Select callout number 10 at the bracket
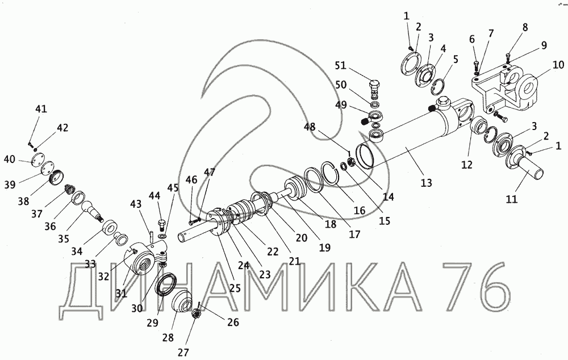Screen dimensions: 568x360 tap(558, 64)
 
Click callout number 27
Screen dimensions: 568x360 tap(182, 352)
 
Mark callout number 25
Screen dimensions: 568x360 tap(235, 288)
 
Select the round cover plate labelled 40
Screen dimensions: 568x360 tap(36, 161)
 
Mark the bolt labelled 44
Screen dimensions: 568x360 tap(161, 223)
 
